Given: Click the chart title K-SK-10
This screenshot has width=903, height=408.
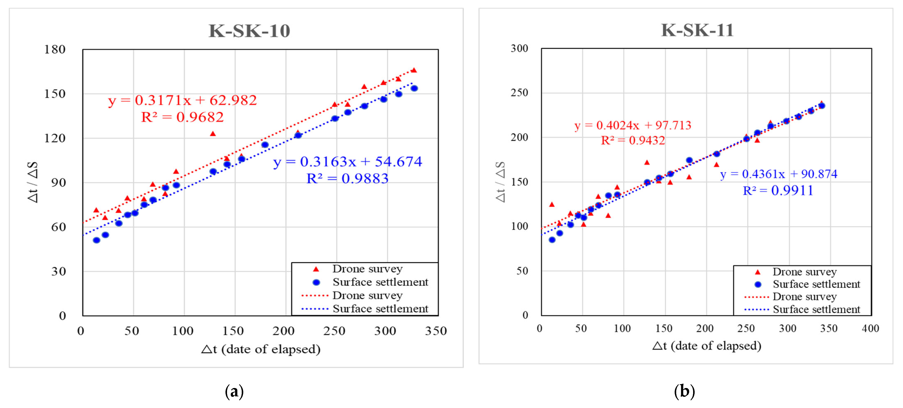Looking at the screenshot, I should pyautogui.click(x=249, y=31).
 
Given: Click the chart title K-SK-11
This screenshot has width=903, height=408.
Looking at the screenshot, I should pyautogui.click(x=697, y=30).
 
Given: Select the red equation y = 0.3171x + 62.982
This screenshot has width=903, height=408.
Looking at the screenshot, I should pyautogui.click(x=182, y=101).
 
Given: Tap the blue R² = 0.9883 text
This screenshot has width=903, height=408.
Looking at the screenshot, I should pyautogui.click(x=347, y=179).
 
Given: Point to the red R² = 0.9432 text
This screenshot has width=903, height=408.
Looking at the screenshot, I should pyautogui.click(x=633, y=141).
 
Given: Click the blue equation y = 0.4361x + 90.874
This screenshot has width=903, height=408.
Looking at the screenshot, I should pyautogui.click(x=779, y=174).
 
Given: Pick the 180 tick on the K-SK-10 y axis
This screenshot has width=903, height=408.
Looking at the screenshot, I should pyautogui.click(x=55, y=49).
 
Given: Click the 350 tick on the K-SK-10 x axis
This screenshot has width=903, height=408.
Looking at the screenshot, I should pyautogui.click(x=436, y=331).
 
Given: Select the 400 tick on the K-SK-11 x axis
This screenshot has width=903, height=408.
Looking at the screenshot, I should pyautogui.click(x=870, y=329).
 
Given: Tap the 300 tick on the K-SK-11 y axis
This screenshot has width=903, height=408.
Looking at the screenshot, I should pyautogui.click(x=519, y=48).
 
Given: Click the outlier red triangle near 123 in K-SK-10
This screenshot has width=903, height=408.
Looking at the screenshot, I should pyautogui.click(x=213, y=134).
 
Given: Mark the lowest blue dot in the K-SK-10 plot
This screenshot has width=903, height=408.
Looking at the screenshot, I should pyautogui.click(x=96, y=240).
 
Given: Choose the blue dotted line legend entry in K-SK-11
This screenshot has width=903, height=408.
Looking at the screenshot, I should pyautogui.click(x=757, y=309).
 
